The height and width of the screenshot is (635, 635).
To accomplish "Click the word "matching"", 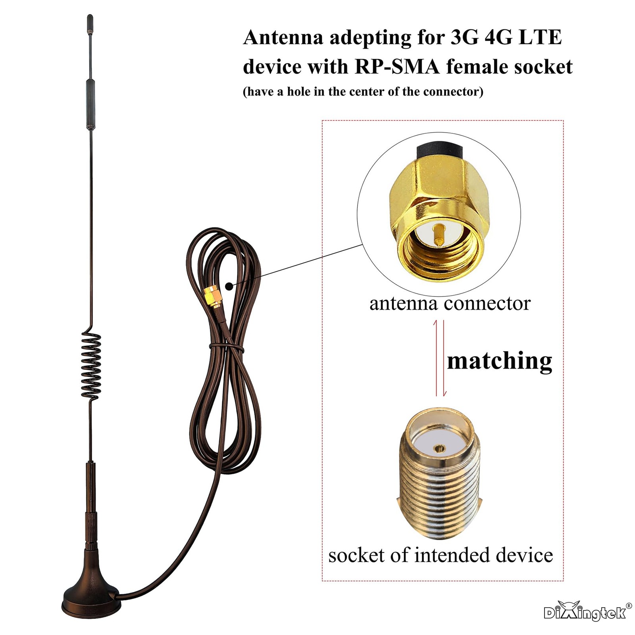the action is tap(499, 361).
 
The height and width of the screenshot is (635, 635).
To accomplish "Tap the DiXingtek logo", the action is tap(585, 612).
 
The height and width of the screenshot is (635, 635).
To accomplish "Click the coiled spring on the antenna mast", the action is tap(91, 365).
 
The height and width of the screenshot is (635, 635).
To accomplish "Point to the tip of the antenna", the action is tap(90, 18).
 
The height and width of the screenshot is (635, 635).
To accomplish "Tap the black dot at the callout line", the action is tap(229, 286).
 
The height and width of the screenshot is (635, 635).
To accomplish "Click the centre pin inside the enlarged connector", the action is tap(438, 235).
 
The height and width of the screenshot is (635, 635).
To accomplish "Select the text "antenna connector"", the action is tap(450, 304).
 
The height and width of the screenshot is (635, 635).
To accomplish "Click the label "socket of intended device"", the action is tap(441, 555).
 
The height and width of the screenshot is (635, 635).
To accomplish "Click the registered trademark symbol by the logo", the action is tap(628, 606).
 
